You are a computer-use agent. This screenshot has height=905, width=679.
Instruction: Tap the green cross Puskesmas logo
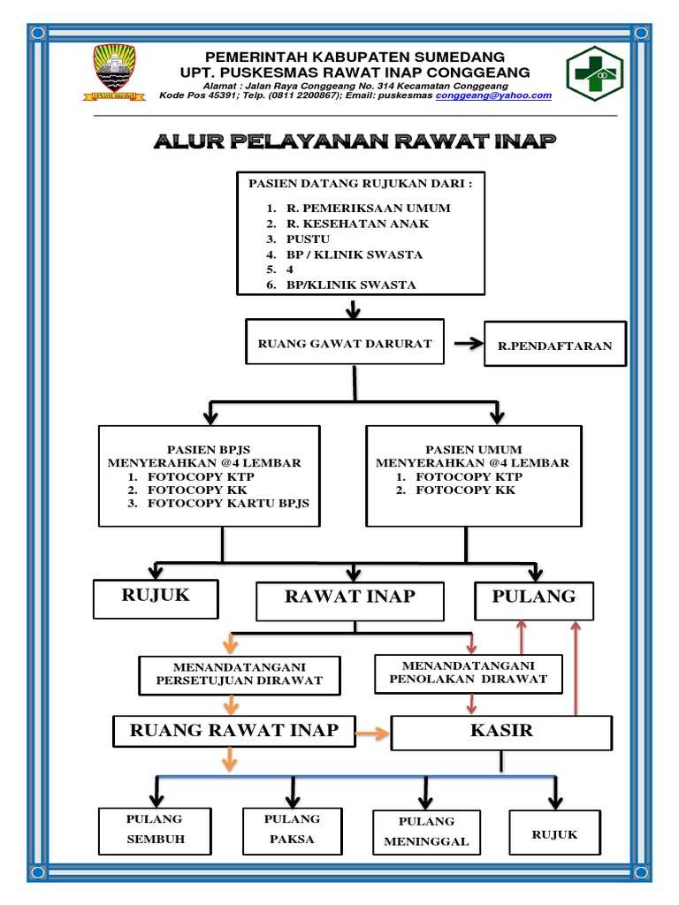tap(595, 74)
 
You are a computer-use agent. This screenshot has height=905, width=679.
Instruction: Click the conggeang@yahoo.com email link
tap(493, 95)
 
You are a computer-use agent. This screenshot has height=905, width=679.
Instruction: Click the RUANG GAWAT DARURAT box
tap(345, 343)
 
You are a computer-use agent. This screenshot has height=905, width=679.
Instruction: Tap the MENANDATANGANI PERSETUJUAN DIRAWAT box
tap(239, 673)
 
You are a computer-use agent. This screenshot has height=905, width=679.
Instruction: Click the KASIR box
tap(501, 732)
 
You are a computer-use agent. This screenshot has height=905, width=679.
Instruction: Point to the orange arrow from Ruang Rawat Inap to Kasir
tap(372, 732)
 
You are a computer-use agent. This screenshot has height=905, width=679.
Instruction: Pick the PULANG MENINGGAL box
tap(426, 832)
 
